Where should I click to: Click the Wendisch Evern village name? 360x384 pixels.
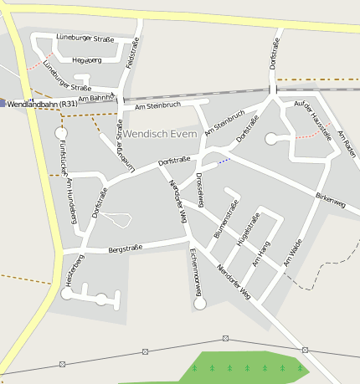click(x=160, y=135)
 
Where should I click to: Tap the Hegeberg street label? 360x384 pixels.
click(x=87, y=60)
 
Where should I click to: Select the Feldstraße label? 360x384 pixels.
click(x=131, y=52)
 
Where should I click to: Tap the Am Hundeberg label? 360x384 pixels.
click(x=71, y=201)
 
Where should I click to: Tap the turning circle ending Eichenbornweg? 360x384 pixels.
click(x=199, y=304)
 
